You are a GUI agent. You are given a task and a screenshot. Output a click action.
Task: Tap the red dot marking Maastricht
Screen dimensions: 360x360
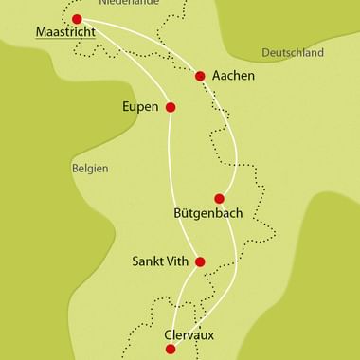(x=77, y=18)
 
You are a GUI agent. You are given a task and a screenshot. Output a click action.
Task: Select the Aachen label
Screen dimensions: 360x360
(x=233, y=76)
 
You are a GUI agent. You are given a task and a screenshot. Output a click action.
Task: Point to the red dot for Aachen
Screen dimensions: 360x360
(x=200, y=76)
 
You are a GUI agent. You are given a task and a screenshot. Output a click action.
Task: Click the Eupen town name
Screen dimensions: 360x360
(x=141, y=107)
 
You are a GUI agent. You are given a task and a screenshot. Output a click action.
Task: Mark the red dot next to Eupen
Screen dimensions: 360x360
(x=171, y=107)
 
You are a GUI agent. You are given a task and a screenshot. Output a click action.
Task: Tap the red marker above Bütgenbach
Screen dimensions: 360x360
(x=220, y=198)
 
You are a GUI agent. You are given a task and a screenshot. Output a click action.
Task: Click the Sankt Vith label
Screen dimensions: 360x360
(x=159, y=261)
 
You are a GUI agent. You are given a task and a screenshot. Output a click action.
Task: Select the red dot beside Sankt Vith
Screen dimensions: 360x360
(x=199, y=261)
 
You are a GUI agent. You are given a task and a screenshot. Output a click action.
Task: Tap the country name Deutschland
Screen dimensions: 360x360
(x=293, y=53)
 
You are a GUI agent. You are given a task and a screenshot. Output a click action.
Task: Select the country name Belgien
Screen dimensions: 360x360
(x=90, y=168)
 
